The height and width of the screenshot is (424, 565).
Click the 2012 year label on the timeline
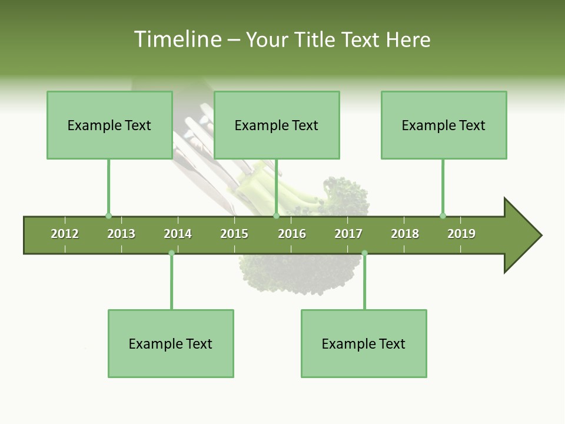[65, 234]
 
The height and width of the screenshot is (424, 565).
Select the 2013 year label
[121, 234]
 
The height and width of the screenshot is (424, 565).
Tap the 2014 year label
[178, 234]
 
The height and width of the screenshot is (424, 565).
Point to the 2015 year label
[234, 234]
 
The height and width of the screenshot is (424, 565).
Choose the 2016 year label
[292, 234]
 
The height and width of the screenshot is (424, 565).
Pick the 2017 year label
[348, 234]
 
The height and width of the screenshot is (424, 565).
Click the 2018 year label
[405, 234]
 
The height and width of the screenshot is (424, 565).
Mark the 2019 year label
[461, 234]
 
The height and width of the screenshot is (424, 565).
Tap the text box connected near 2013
[109, 125]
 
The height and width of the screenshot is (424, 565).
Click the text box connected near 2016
[277, 125]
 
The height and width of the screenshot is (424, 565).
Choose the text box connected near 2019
[444, 125]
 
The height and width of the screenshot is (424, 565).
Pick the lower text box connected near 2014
[171, 343]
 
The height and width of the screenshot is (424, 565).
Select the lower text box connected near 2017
[364, 343]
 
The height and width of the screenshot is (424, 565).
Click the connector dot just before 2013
[108, 216]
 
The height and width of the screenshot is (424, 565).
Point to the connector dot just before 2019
[443, 216]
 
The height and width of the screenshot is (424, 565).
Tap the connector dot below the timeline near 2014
[171, 253]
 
